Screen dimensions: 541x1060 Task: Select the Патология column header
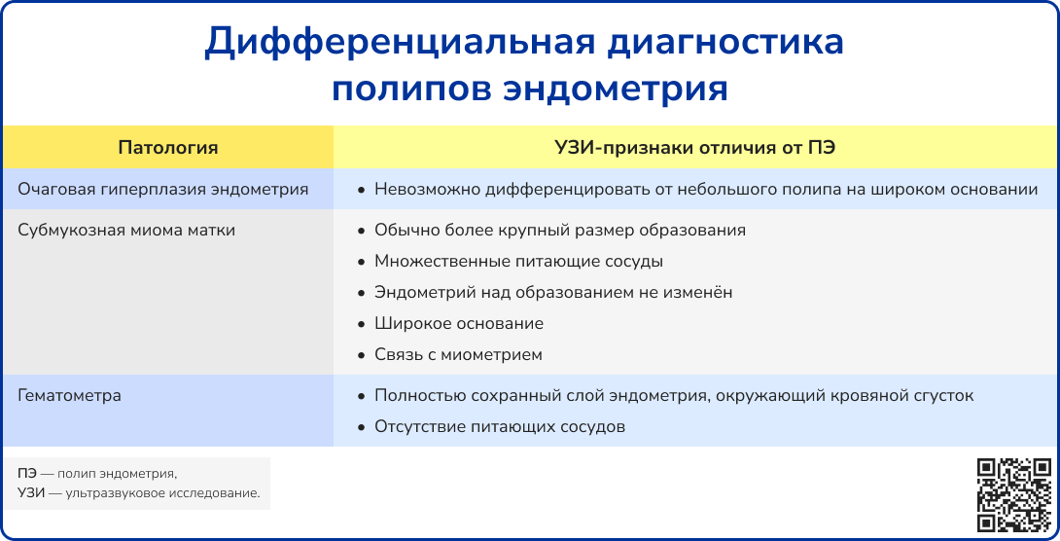(x=168, y=148)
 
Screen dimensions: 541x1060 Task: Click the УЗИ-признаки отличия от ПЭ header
(x=695, y=148)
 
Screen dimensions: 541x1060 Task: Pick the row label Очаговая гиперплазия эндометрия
(x=163, y=189)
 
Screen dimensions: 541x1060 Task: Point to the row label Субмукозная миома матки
(x=126, y=230)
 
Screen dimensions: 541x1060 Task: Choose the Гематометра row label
(x=69, y=396)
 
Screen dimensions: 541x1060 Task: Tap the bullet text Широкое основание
(x=459, y=323)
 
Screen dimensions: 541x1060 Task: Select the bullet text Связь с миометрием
(x=458, y=354)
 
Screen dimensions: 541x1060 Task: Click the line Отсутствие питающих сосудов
(x=500, y=426)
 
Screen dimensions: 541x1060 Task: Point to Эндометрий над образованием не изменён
(x=553, y=292)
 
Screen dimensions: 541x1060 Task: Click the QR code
(x=1013, y=495)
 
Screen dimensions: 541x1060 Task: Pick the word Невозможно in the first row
(x=418, y=189)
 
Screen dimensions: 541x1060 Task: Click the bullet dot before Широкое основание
(x=361, y=324)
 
